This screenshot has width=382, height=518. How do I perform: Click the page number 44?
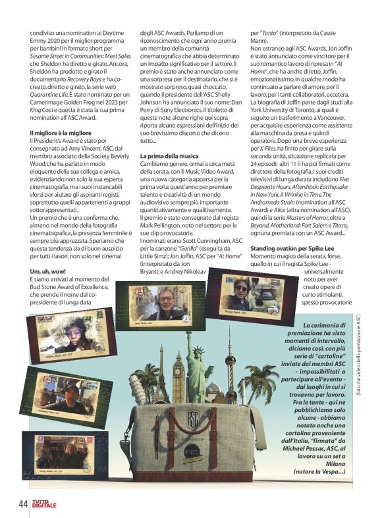[22, 503]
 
